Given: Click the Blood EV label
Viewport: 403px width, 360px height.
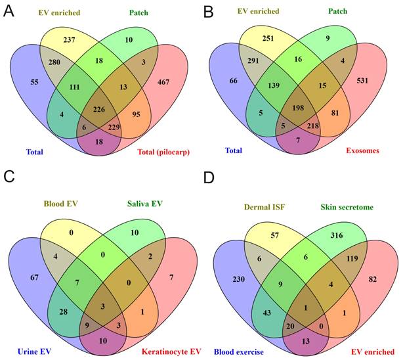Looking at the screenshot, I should coord(62,204).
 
